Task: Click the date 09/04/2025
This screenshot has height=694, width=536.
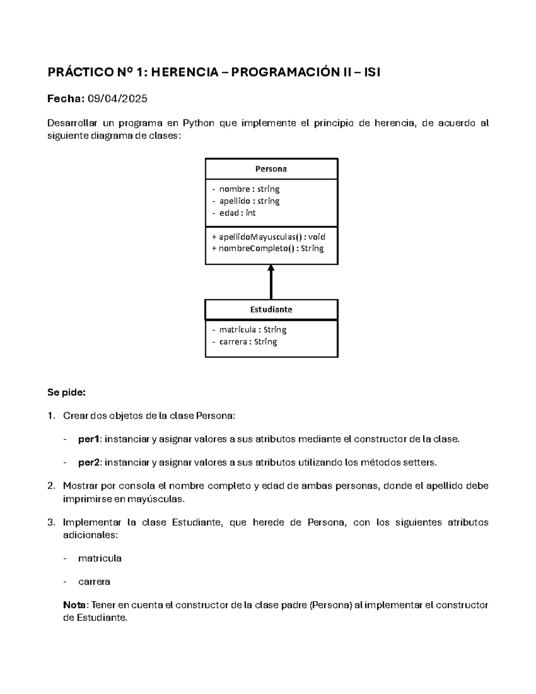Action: pyautogui.click(x=117, y=99)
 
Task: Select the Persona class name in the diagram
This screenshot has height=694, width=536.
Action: pyautogui.click(x=271, y=169)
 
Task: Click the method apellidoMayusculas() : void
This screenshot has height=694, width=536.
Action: pyautogui.click(x=268, y=237)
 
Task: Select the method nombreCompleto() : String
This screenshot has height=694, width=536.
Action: pyautogui.click(x=268, y=248)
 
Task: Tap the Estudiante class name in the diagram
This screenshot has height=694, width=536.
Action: pyautogui.click(x=271, y=309)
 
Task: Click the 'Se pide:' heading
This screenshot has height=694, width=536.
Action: pyautogui.click(x=66, y=393)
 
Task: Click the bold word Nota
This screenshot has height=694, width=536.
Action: pyautogui.click(x=76, y=605)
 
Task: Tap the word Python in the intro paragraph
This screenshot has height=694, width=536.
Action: pyautogui.click(x=199, y=123)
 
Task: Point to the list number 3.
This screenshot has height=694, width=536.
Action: pyautogui.click(x=51, y=522)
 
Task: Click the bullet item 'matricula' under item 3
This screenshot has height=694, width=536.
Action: pyautogui.click(x=100, y=559)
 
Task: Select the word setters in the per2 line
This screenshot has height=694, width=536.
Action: pyautogui.click(x=419, y=463)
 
